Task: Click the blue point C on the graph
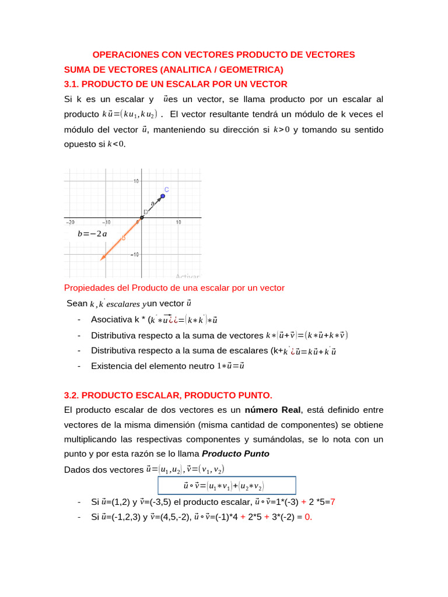163,196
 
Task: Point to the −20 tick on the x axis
70,222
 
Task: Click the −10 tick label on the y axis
134,254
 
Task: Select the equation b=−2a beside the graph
92,234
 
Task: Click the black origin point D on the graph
142,217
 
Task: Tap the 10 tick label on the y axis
135,181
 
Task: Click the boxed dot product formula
226,485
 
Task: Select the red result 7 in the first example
332,502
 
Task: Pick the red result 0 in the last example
307,516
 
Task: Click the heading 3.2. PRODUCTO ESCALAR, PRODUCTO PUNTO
168,395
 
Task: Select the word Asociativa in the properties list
111,319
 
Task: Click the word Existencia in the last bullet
110,366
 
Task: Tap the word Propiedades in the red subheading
88,288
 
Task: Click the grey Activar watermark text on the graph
187,277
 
